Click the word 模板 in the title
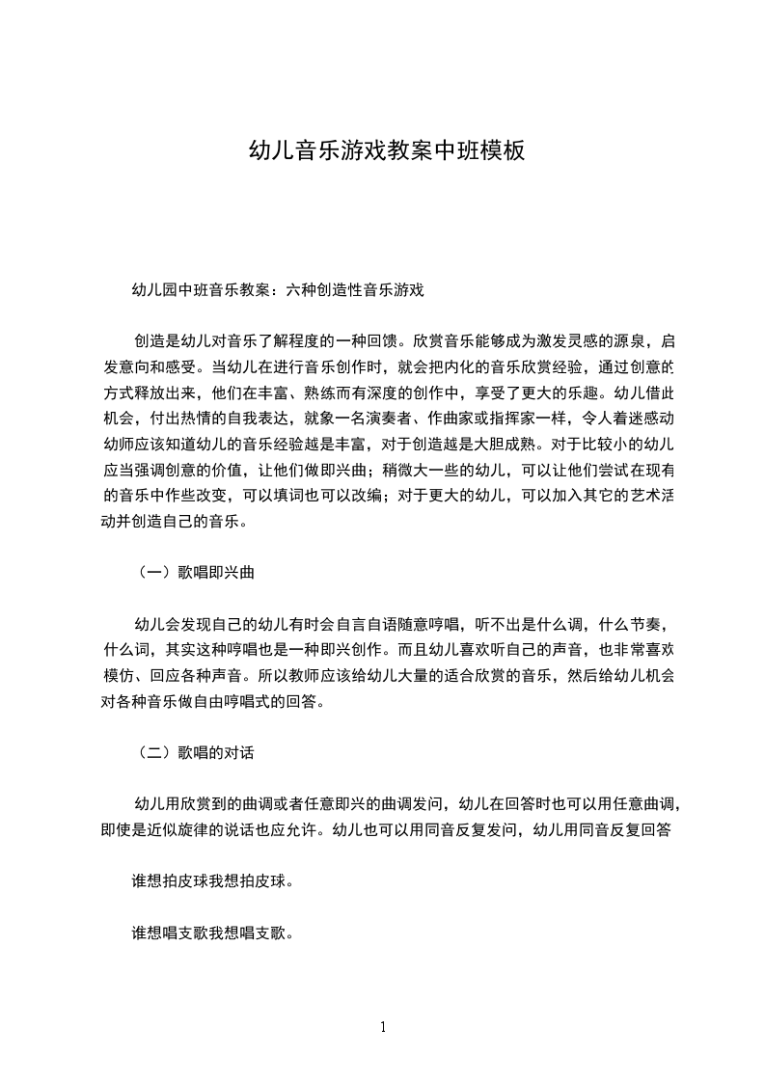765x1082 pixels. point(503,150)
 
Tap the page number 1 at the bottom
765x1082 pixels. point(383,1027)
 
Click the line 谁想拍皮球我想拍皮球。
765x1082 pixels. point(212,881)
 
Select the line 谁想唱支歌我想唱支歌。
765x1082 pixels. point(212,933)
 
